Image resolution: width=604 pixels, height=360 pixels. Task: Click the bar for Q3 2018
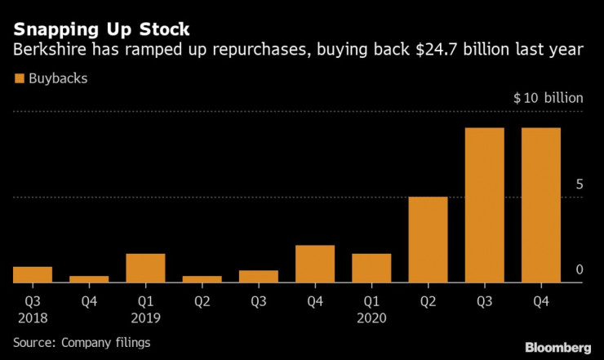tap(33, 275)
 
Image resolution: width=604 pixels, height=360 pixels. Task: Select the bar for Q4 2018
tap(89, 279)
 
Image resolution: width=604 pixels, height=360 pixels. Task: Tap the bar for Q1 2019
tap(145, 269)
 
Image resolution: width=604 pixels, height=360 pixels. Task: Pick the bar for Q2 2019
tap(202, 279)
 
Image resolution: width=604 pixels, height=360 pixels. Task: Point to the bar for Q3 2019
tap(258, 277)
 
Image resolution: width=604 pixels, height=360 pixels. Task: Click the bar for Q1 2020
tap(371, 269)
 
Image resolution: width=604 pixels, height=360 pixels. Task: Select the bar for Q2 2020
tap(428, 240)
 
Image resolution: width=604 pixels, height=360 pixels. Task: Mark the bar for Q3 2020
tap(484, 206)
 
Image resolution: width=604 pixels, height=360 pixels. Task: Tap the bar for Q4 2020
tap(540, 206)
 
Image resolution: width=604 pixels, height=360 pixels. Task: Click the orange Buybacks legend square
tap(19, 79)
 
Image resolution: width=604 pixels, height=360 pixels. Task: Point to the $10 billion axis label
tap(548, 98)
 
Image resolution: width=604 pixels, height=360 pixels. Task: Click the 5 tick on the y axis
tap(579, 184)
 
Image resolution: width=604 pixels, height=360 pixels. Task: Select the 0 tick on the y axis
tap(579, 270)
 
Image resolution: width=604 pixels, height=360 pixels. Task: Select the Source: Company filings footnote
tap(82, 342)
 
